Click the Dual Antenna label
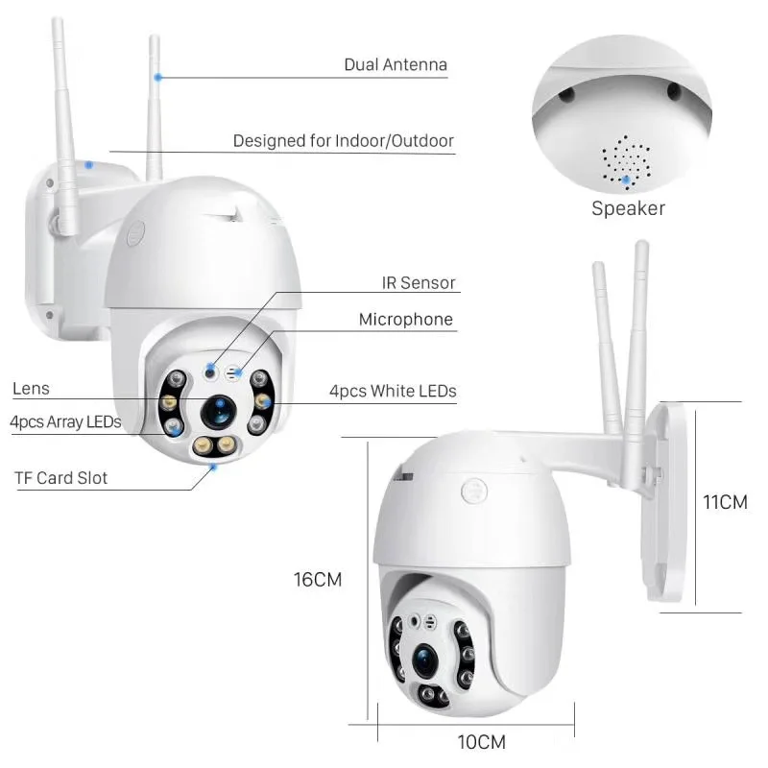(x=396, y=65)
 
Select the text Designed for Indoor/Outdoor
(x=343, y=141)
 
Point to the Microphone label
(x=405, y=320)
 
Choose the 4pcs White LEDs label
(x=393, y=391)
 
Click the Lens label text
(x=31, y=389)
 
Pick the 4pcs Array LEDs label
(x=65, y=421)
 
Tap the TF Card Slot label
(x=60, y=477)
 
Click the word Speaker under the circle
(x=628, y=208)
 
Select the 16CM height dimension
(x=318, y=580)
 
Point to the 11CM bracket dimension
(x=725, y=503)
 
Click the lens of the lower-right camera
(x=425, y=659)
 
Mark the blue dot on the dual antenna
(x=158, y=76)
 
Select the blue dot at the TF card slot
(x=214, y=468)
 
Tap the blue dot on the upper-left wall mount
(x=88, y=164)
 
